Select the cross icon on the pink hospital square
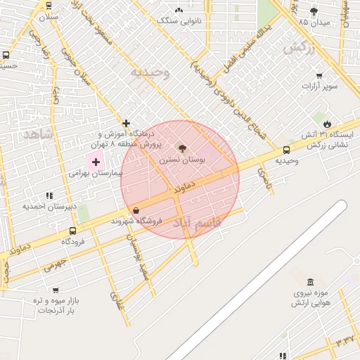click(96, 162)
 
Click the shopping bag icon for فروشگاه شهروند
click(136, 210)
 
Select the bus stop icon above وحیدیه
click(286, 150)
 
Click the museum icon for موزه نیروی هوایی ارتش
click(310, 282)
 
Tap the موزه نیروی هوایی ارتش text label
click(309, 297)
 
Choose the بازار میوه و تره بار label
click(57, 305)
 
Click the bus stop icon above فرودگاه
click(72, 230)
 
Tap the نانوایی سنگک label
click(179, 21)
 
